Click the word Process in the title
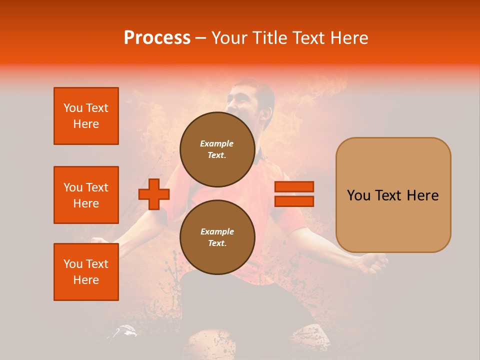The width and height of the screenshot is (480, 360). [157, 38]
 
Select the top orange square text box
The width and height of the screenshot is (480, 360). [86, 116]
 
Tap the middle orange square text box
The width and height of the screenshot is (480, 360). [86, 195]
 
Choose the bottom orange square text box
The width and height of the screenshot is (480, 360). [86, 272]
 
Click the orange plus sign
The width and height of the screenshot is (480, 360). [154, 194]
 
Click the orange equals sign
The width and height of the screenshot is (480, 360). [294, 194]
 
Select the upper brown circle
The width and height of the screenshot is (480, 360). [217, 149]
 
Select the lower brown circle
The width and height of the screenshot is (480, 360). [217, 237]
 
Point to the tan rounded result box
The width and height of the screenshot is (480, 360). [393, 195]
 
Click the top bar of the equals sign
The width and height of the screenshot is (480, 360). [294, 187]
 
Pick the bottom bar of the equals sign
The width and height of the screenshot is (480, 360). [294, 201]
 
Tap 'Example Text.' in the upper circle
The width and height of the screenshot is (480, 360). [217, 149]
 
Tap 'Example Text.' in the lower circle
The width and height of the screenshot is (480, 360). [217, 237]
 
